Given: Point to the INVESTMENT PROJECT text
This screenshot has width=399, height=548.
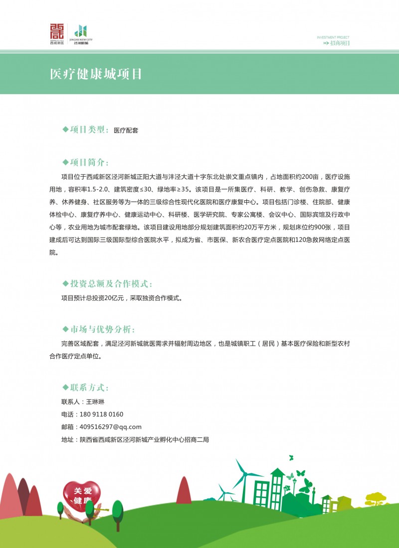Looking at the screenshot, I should [x=333, y=37].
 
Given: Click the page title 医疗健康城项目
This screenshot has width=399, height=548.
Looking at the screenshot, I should [x=96, y=74].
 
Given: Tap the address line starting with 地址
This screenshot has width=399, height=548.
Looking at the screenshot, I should [x=135, y=439].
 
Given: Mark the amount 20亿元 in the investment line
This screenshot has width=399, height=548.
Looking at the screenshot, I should [x=116, y=298].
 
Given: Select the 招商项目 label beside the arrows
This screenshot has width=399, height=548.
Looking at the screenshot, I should [x=340, y=43].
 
